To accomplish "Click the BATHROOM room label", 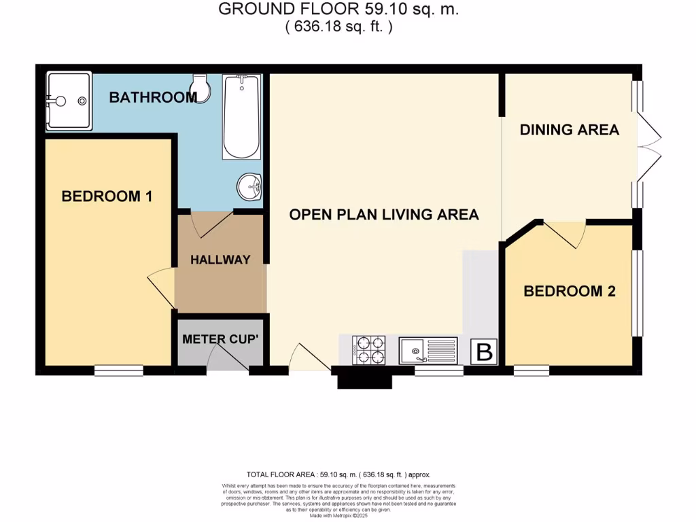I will coord(153,97).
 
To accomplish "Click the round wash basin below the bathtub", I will coord(249,186).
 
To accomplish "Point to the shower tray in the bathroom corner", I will coord(68,101).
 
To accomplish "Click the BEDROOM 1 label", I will coord(107,196).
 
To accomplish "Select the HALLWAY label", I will coord(220,260).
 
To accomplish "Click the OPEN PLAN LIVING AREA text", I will coord(384,214).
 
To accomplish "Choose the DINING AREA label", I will coord(570,129).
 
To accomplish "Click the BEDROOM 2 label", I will coord(570,292).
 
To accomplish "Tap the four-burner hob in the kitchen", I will coord(368,351).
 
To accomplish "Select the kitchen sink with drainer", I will coord(428,351).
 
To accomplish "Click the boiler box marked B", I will coord(485,352).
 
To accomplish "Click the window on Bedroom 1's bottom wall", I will coord(118,370).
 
